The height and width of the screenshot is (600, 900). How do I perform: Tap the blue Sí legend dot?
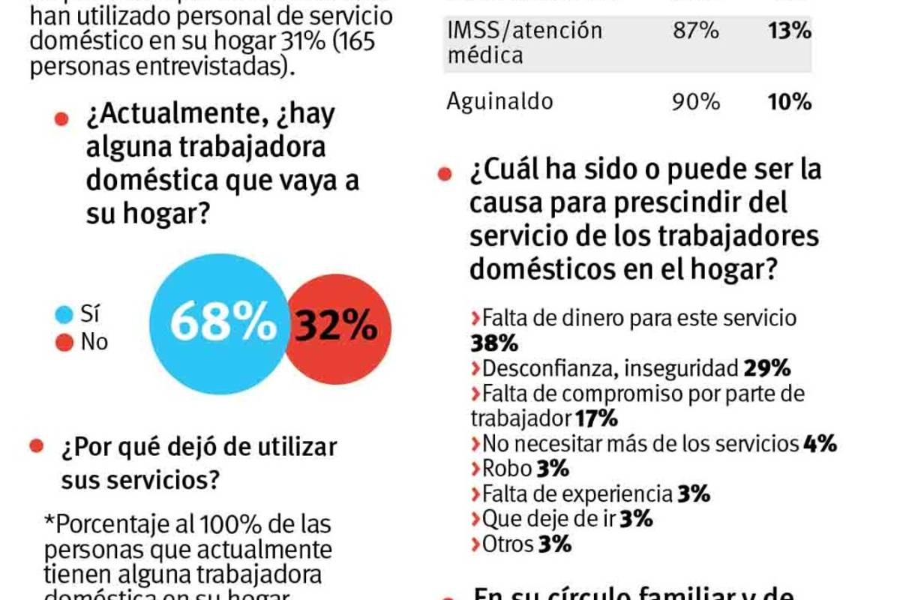coord(64,314)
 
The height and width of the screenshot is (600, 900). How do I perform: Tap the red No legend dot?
coord(64,343)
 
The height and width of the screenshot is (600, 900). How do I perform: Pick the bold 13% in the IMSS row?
coord(789,31)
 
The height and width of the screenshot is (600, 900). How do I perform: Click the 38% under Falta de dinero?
coord(494,343)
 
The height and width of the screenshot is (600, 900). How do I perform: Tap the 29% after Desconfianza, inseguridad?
coord(767,368)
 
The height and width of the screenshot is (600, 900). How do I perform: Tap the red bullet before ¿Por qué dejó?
coord(35,446)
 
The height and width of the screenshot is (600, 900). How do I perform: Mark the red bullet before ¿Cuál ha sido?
coord(444,172)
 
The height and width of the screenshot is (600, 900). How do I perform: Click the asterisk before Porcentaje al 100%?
coord(50,523)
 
